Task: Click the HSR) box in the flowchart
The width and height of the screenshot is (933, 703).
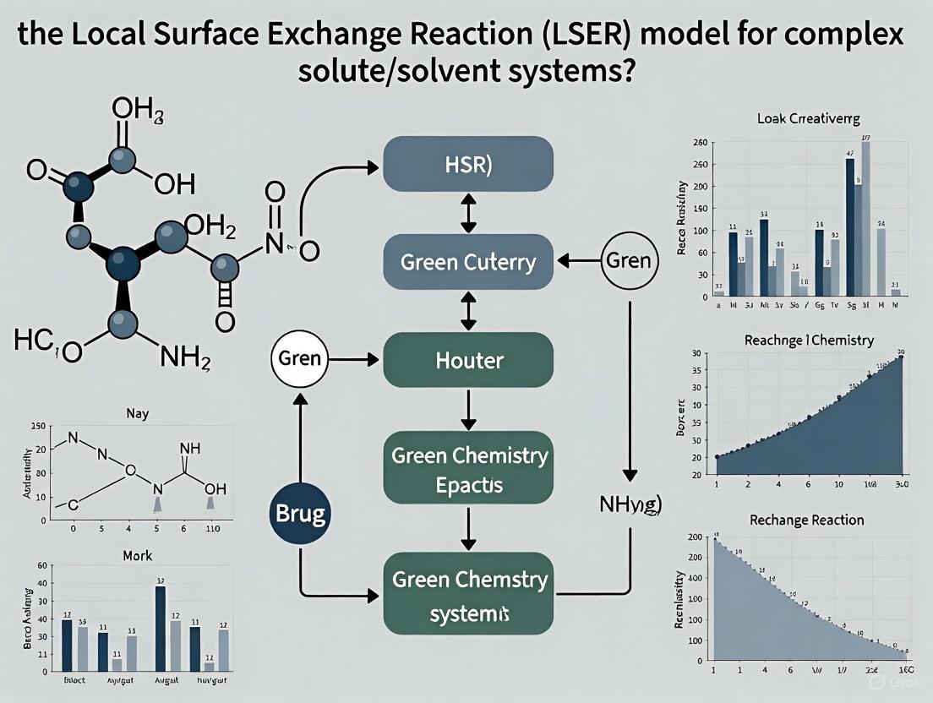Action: (x=467, y=164)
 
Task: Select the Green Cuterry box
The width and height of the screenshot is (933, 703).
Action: (x=467, y=261)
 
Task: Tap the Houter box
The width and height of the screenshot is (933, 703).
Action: (x=467, y=360)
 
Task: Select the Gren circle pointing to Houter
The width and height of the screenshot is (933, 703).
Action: (x=299, y=358)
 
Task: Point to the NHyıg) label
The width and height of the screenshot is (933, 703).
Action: (x=630, y=505)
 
